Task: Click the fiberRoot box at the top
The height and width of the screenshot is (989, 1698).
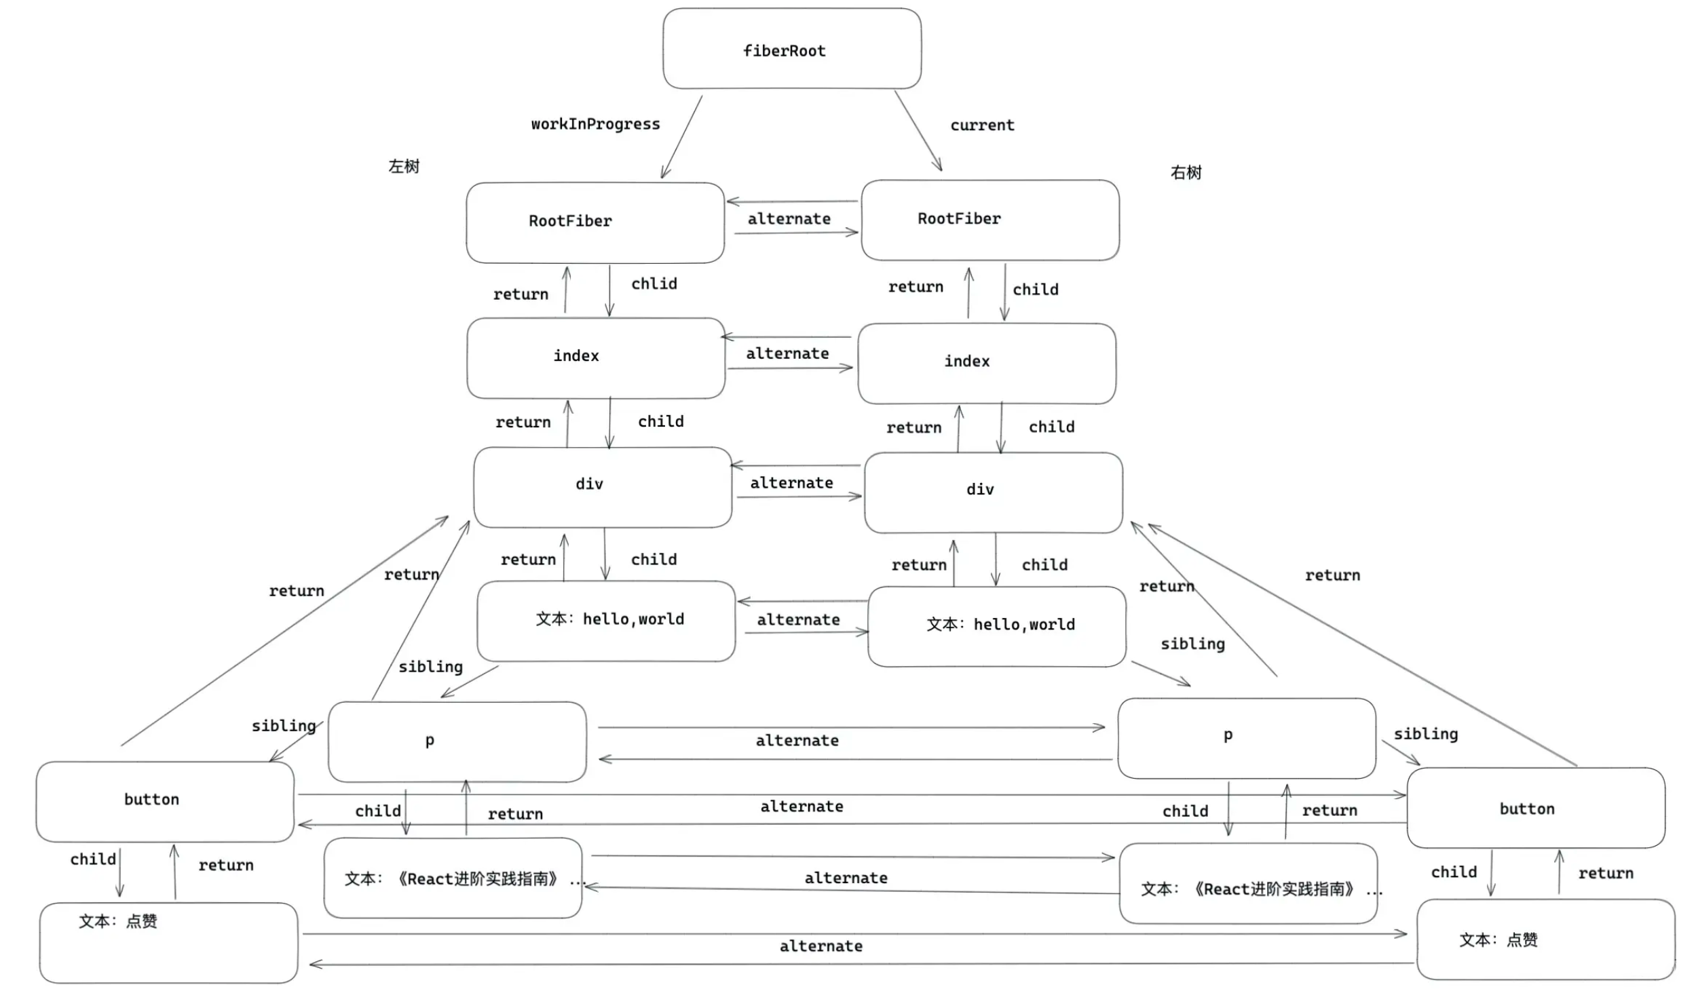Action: coord(791,49)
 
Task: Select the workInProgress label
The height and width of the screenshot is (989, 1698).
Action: coord(595,124)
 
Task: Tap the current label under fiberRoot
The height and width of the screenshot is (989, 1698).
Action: coord(982,125)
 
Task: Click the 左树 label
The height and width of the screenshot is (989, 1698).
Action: coord(404,166)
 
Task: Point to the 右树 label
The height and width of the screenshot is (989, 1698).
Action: coord(1186,172)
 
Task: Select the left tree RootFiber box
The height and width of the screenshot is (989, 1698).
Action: coord(595,222)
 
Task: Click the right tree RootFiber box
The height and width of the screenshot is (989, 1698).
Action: coord(989,220)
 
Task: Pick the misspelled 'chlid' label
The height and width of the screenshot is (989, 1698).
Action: coord(654,284)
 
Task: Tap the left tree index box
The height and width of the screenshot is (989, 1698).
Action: coord(595,357)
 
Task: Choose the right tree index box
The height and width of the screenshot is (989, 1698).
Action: coord(986,363)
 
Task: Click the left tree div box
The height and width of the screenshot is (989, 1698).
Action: coord(602,486)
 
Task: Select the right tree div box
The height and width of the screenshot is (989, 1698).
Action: coord(993,492)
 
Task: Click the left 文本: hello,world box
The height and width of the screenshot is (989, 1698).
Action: coord(605,620)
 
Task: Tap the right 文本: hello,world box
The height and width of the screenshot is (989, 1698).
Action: coord(996,625)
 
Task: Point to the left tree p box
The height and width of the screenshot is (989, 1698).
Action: coord(457,741)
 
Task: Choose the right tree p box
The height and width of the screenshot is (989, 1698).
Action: coord(1246,737)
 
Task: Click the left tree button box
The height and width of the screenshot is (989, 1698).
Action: coord(165,801)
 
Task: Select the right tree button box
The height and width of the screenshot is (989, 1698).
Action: coord(1535,807)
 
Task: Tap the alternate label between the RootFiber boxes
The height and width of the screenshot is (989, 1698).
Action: coord(789,219)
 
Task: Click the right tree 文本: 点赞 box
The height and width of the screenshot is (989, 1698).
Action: coord(1545,939)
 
